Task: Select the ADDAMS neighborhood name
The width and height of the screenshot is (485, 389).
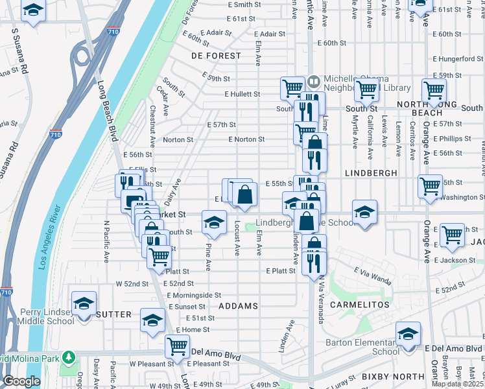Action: coord(238,305)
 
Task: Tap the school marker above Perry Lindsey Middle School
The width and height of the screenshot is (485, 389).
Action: coord(84,303)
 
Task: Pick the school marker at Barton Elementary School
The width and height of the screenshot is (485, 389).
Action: coord(408,334)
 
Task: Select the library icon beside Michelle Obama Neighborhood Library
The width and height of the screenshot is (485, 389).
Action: coord(314,81)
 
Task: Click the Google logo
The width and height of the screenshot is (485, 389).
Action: coord(21,381)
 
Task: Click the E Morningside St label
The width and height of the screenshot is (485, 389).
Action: coord(194,295)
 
